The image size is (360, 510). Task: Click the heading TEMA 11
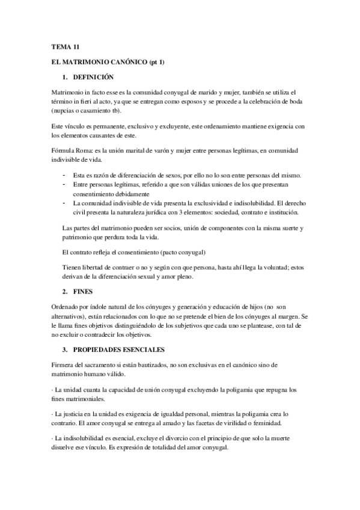coord(62,46)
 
